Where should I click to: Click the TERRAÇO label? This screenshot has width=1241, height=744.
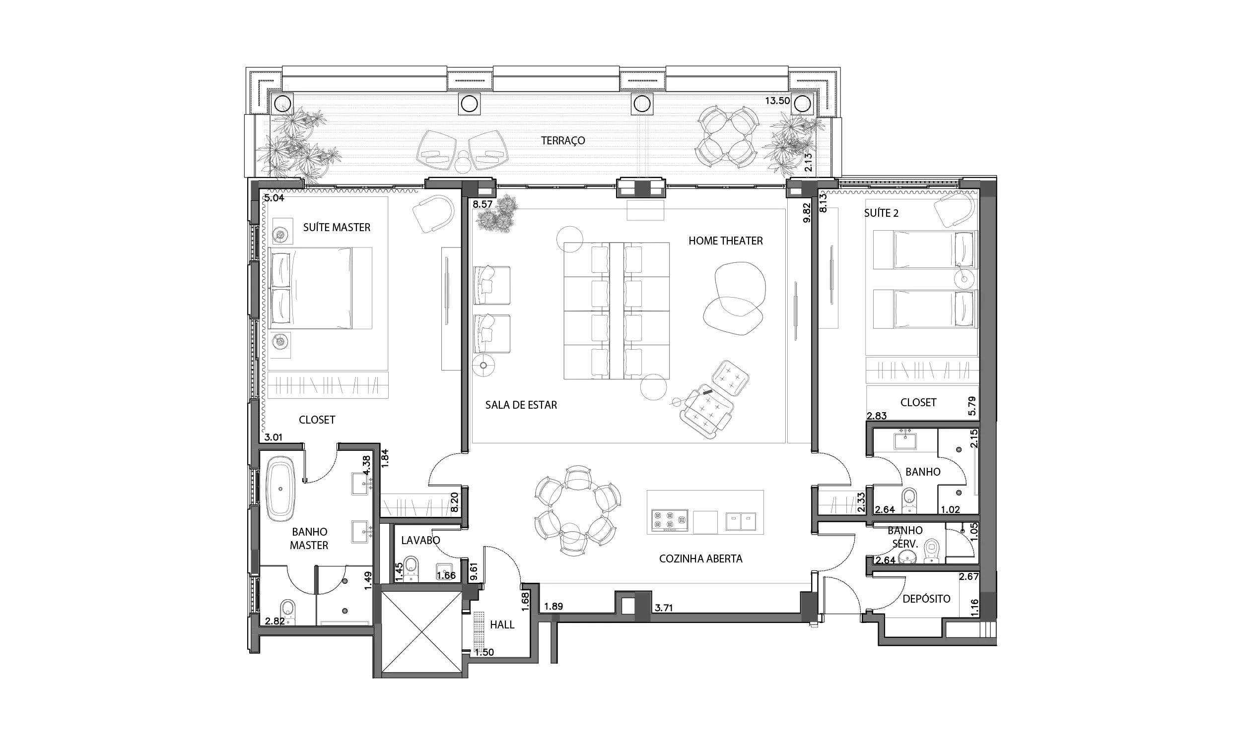563,141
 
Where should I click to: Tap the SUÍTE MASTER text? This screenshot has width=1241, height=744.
337,228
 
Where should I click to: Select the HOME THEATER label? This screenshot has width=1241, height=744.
725,241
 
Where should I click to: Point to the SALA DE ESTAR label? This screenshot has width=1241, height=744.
521,405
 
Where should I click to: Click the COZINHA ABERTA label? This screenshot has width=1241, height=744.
701,559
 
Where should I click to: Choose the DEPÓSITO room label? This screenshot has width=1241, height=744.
926,599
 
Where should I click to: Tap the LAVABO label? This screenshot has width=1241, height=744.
420,541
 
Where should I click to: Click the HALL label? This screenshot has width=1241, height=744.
502,624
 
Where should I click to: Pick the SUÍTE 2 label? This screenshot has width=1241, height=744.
881,213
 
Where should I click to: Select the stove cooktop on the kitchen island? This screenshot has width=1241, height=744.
670,520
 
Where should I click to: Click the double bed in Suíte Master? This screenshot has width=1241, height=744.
311,288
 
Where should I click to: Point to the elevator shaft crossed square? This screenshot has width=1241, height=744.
421,632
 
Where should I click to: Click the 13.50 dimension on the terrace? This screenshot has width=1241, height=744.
777,101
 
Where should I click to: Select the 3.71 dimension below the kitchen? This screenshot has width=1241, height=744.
664,608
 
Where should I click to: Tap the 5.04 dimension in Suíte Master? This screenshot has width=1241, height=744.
275,198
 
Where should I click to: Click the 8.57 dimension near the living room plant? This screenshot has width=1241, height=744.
483,204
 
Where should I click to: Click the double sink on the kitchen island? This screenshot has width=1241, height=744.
741,521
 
